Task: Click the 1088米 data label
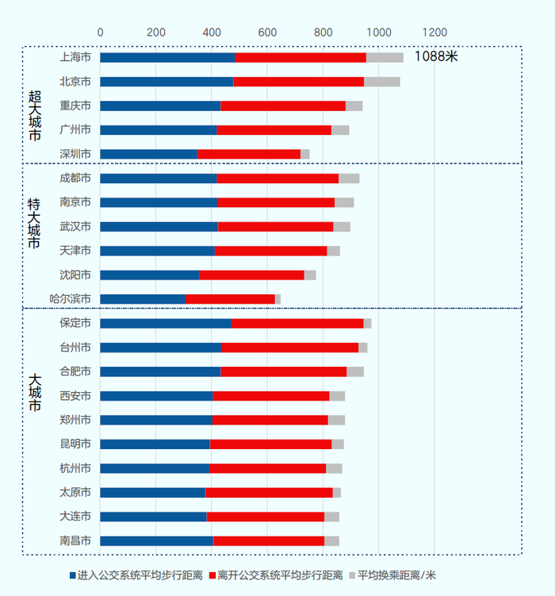click(436, 57)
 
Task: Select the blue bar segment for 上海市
click(167, 57)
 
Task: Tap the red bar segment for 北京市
click(298, 82)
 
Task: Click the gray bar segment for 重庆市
click(354, 106)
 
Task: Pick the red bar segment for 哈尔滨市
click(230, 299)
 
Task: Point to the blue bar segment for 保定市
click(166, 323)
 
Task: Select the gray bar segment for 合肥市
click(355, 371)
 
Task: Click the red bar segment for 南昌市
click(269, 541)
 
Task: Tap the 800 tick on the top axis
click(323, 33)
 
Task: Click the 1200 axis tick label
click(434, 33)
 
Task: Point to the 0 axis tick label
click(100, 33)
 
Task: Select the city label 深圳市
click(75, 154)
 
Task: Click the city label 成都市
click(75, 178)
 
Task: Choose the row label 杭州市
click(75, 468)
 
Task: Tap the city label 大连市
click(75, 517)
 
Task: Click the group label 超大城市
click(34, 115)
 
